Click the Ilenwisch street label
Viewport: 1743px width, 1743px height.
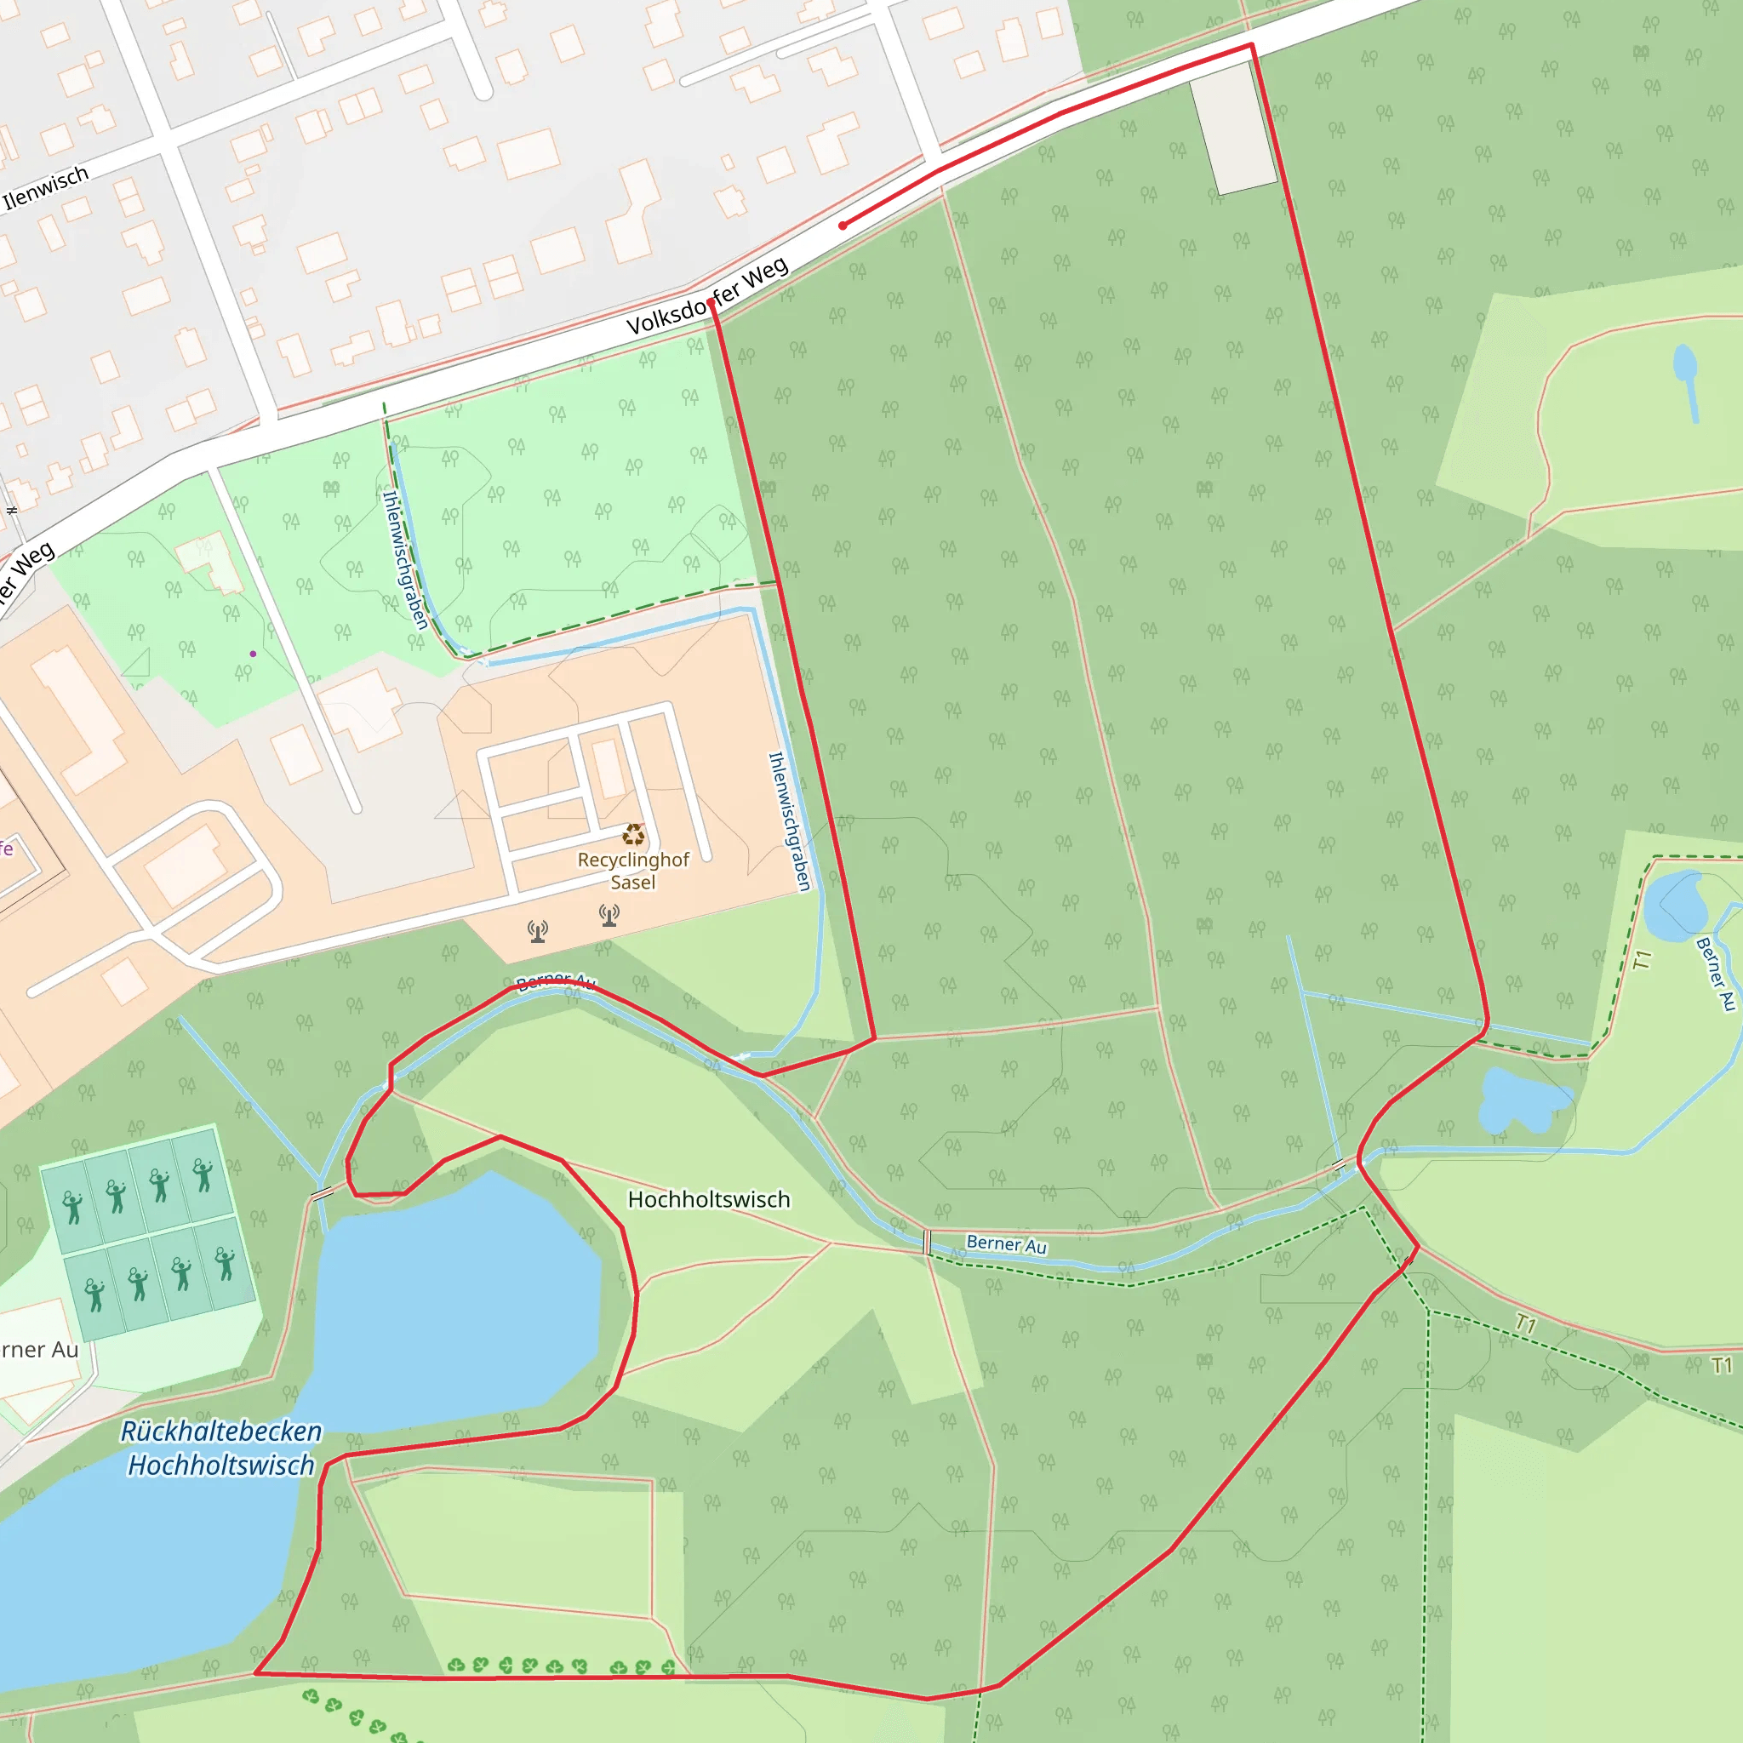(46, 187)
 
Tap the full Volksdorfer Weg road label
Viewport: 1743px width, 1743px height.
(707, 297)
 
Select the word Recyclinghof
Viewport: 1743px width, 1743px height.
(633, 860)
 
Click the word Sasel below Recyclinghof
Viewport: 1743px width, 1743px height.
(632, 883)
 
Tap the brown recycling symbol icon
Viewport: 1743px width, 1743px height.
(634, 835)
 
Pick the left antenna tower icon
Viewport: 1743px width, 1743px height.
(538, 931)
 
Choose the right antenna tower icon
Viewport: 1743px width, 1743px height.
(610, 916)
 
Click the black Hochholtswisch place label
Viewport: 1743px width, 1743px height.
(709, 1200)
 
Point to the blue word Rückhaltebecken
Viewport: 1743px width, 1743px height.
(221, 1432)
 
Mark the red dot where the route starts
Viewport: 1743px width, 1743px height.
(843, 226)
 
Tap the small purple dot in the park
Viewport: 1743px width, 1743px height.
(254, 654)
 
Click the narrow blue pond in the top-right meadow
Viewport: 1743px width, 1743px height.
(1685, 379)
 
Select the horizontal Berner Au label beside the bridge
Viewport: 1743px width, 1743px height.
(1006, 1245)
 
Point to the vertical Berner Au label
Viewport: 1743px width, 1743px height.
(1716, 974)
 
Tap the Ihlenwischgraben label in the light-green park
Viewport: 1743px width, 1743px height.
(405, 559)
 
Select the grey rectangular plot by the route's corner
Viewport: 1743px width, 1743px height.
(1233, 134)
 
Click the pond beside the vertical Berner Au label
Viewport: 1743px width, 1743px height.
(1674, 906)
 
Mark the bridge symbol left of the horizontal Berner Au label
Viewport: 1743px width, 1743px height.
(928, 1243)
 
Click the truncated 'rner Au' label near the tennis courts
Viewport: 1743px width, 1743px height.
(40, 1351)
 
